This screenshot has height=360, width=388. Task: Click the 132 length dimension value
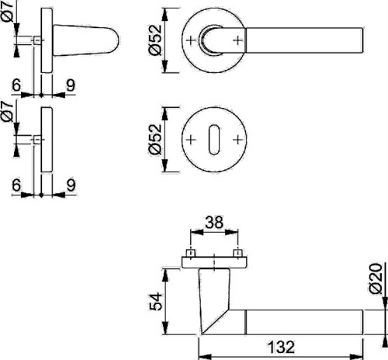click(x=281, y=347)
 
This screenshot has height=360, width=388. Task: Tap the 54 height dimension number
click(x=156, y=302)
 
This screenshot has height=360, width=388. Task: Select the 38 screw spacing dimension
click(x=214, y=223)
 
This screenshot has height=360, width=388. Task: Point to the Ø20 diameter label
click(x=376, y=279)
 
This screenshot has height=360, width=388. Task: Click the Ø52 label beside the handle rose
click(x=155, y=40)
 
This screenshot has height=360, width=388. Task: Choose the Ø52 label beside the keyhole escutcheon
click(x=155, y=140)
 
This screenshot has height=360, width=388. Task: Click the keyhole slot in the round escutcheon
click(x=214, y=140)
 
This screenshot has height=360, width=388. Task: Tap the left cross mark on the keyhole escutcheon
click(x=191, y=140)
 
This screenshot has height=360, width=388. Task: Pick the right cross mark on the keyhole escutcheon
click(x=237, y=140)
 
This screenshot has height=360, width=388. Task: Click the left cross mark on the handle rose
click(x=191, y=40)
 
